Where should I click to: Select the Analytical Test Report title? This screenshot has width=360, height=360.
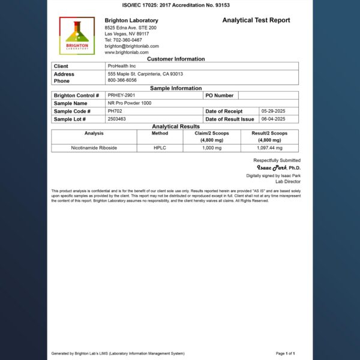(256, 20)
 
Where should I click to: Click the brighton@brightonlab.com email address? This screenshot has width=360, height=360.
(131, 46)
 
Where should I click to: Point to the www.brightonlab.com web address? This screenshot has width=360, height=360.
(126, 52)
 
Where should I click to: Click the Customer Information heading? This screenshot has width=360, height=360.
(176, 59)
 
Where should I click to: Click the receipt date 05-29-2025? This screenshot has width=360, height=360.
(274, 111)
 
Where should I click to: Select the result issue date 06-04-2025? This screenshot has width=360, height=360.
(274, 119)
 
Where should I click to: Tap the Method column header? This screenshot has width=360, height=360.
(161, 133)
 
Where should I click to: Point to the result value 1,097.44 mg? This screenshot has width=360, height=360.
(269, 148)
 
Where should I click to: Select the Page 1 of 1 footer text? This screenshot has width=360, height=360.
(285, 353)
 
